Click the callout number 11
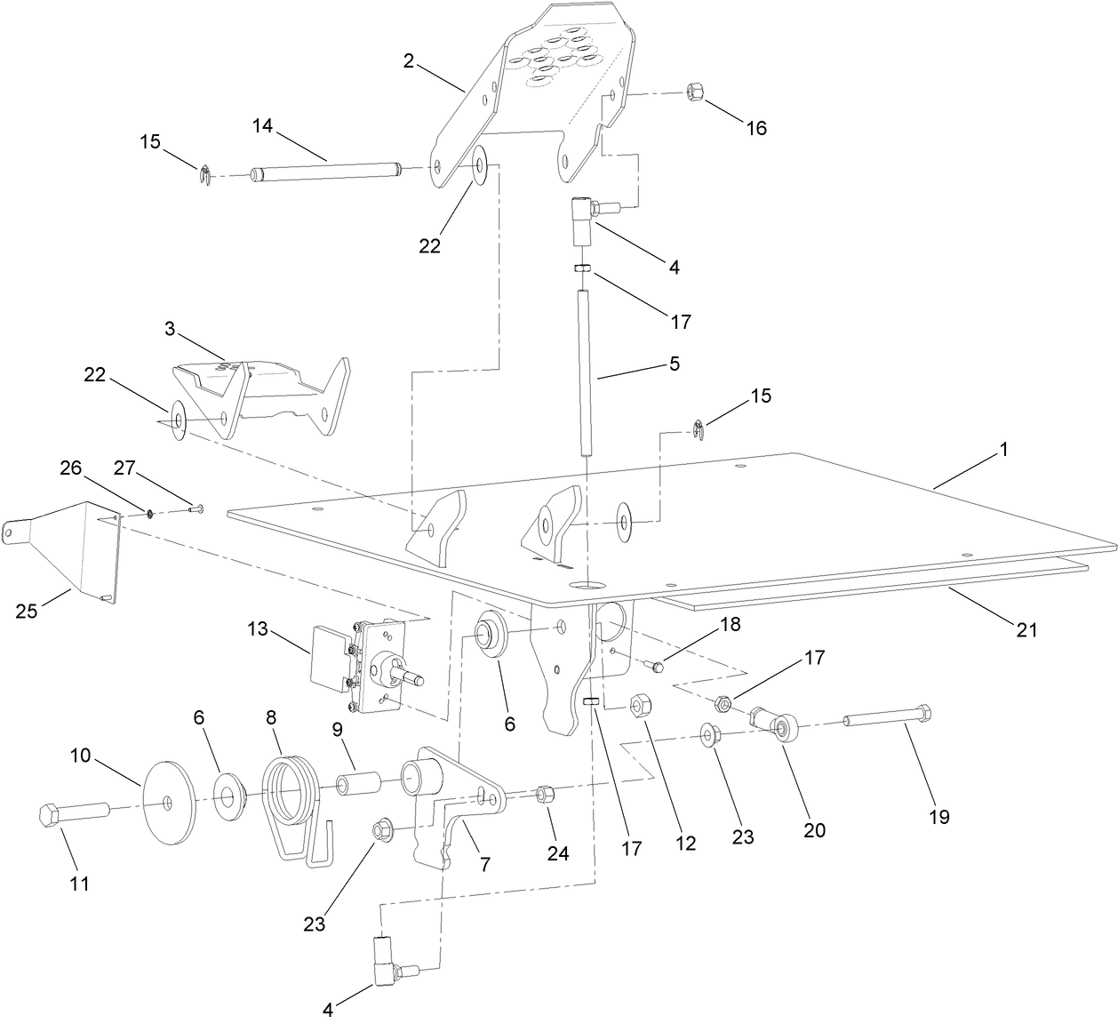[79, 884]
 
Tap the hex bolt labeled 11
[71, 813]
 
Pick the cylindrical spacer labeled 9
[358, 785]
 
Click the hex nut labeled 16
[695, 92]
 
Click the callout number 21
[1026, 630]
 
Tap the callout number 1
[1003, 450]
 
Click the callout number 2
[409, 61]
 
